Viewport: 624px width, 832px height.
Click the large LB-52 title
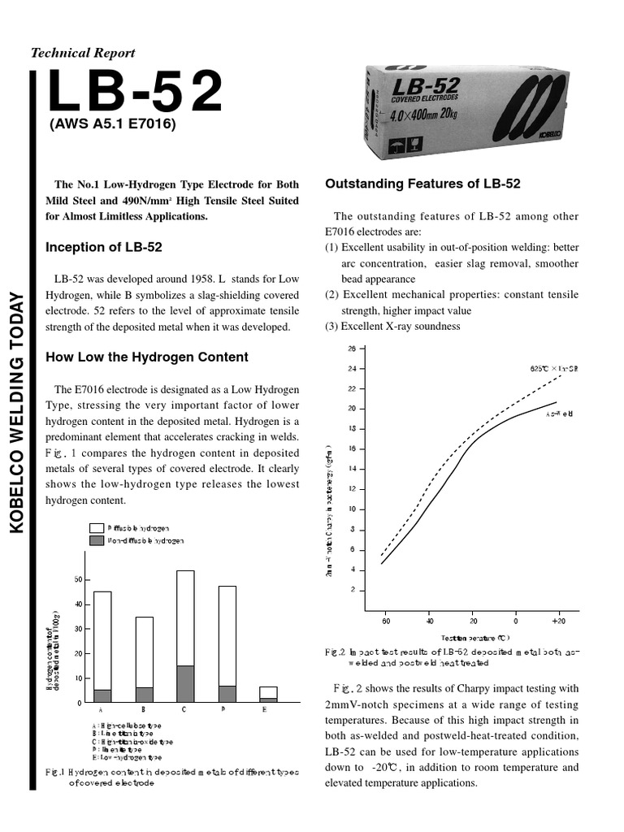tap(134, 92)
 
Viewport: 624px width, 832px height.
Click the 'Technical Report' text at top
tap(83, 53)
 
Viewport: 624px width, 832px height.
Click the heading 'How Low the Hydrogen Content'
tap(147, 357)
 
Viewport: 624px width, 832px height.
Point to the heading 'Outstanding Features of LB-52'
tap(422, 184)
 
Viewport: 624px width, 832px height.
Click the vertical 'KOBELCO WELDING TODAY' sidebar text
tap(19, 414)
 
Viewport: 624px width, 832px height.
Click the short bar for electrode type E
tap(268, 694)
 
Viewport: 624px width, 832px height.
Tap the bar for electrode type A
tap(102, 646)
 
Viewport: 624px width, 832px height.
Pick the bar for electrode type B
tap(144, 659)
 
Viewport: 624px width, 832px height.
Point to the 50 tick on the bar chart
tap(78, 579)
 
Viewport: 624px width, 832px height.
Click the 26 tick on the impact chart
tap(352, 349)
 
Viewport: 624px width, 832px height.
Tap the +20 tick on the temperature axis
tap(558, 622)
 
